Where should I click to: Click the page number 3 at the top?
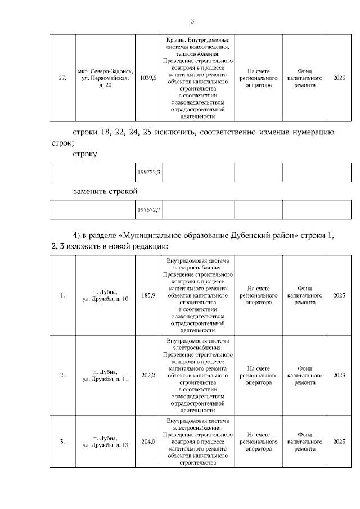pos(192,21)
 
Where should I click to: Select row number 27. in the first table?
pos(62,78)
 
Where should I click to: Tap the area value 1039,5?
pos(148,78)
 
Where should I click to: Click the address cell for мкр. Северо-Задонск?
pos(105,78)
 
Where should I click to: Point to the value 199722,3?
pos(148,172)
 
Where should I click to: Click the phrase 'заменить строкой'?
pos(105,191)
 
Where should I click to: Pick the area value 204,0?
pos(148,442)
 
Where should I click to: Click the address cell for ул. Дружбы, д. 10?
pos(105,295)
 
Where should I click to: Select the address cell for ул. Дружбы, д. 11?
pos(105,375)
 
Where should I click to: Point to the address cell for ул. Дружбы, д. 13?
pos(105,442)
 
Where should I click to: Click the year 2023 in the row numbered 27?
pos(339,78)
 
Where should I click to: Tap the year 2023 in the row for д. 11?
pos(339,375)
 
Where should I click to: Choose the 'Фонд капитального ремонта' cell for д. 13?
pos(305,442)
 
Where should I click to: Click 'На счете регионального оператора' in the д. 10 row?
pos(258,295)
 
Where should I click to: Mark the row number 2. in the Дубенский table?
pos(62,375)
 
